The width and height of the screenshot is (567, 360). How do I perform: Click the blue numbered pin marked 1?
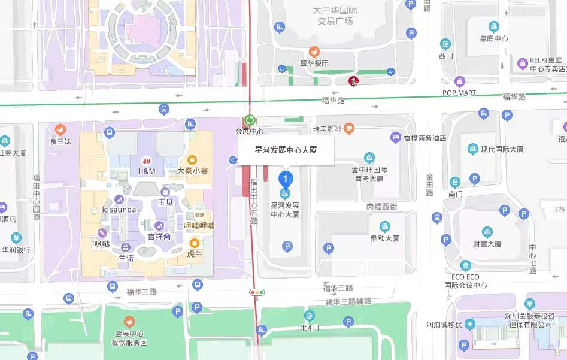286,179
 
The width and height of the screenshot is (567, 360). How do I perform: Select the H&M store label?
146,171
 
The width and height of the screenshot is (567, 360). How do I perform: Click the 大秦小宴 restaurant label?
192,170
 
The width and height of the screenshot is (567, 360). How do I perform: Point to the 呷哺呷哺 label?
198,226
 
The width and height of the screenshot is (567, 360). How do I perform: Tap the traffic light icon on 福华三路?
257,292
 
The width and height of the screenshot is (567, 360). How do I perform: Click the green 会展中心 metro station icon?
250,120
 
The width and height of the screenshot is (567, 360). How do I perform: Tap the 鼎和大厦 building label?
384,238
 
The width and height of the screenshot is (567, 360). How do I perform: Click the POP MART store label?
459,93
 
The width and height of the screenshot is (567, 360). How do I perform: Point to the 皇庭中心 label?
494,38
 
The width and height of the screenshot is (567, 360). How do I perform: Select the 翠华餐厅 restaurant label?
314,63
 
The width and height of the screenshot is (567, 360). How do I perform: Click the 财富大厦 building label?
487,244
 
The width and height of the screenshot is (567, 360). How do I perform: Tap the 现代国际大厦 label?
502,149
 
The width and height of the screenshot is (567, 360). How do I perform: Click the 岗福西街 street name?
381,206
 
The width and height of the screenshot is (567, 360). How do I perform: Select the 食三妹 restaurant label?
60,141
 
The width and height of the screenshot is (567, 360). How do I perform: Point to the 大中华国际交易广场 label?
335,16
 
